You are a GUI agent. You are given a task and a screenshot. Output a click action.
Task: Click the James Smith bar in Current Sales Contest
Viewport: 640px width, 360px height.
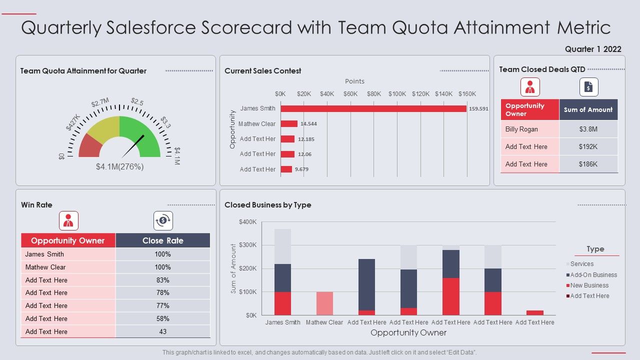pos(373,108)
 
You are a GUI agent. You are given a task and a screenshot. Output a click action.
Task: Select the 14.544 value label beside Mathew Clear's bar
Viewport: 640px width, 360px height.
pos(308,124)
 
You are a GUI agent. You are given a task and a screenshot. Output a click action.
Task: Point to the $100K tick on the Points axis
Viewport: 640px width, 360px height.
pos(397,94)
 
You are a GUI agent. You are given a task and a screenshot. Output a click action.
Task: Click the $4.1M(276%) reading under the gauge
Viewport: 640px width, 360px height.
pos(120,167)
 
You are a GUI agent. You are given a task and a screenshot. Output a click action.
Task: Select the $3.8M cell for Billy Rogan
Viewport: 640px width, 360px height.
pos(588,129)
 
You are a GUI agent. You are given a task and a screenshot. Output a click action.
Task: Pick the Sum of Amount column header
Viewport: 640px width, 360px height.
pos(588,109)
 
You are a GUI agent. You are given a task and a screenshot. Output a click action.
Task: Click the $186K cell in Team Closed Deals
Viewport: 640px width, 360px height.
pos(588,164)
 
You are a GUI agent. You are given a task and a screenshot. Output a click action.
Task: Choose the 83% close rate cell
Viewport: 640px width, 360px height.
pos(162,280)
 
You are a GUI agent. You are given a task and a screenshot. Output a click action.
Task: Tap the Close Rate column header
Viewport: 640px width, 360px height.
pos(162,240)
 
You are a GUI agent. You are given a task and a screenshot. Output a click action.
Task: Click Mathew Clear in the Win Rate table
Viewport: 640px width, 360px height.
pos(45,267)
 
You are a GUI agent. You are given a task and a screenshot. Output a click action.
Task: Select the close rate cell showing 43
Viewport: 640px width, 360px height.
pos(162,331)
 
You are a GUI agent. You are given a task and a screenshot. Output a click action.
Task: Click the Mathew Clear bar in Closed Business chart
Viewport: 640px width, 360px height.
pos(324,303)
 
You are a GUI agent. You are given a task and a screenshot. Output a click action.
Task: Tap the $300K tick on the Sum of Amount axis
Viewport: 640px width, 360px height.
pos(248,245)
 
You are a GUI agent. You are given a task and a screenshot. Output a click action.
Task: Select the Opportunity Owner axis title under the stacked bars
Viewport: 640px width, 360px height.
pos(408,333)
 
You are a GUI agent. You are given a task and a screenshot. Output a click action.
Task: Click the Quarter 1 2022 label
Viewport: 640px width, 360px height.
pos(593,49)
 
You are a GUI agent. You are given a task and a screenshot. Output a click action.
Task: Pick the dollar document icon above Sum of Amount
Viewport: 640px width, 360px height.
pos(588,87)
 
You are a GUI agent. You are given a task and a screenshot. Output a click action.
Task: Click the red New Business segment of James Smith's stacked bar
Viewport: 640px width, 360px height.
pos(282,303)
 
